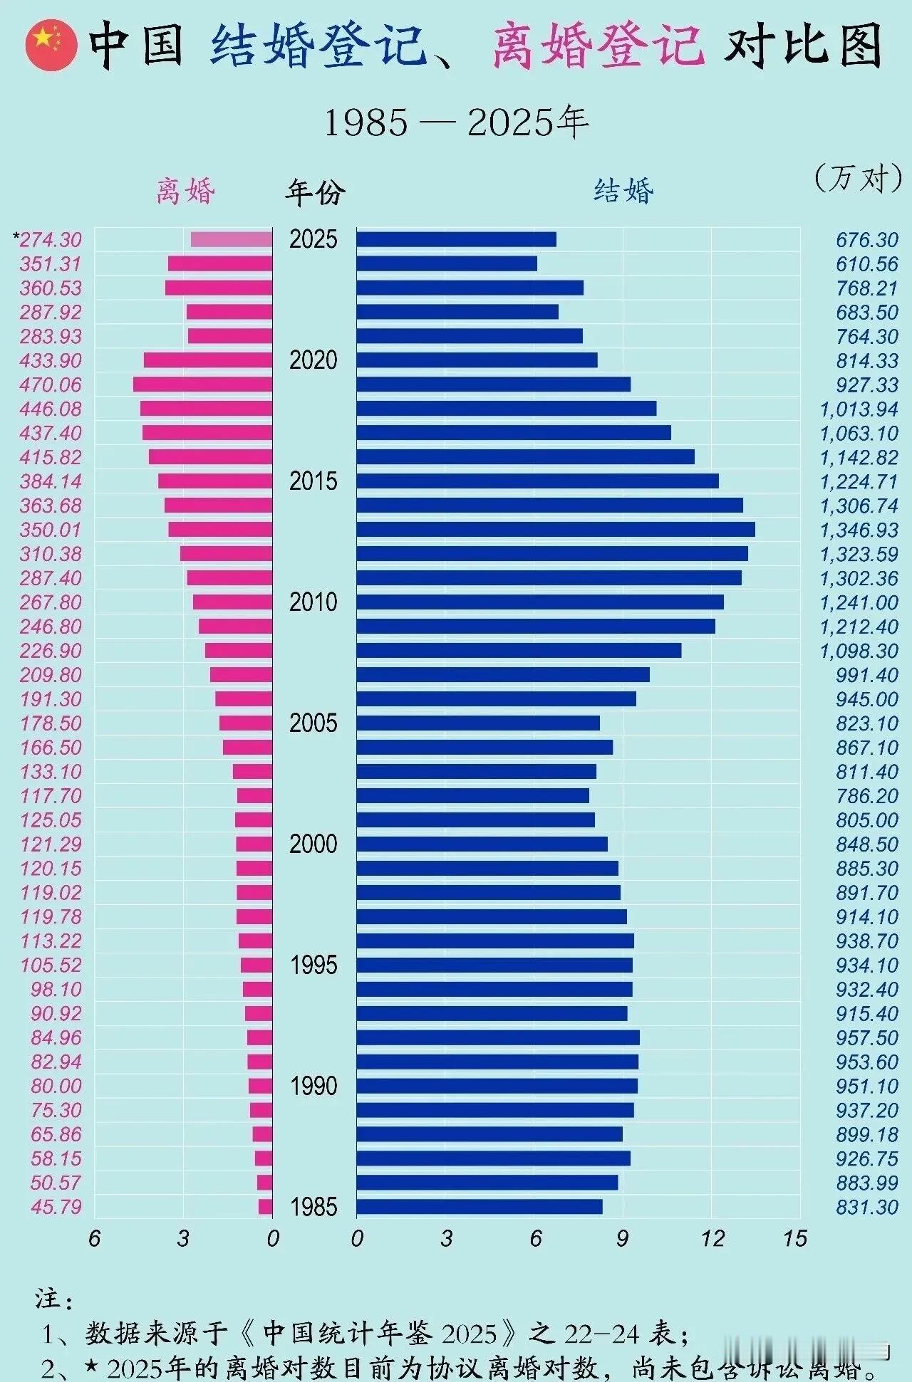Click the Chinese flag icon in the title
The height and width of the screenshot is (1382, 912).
point(51,45)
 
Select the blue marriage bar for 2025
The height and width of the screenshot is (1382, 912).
point(456,239)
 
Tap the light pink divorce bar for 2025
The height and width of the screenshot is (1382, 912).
point(232,239)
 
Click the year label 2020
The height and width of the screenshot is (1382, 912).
point(313,360)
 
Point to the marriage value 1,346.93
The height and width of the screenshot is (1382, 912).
point(859,530)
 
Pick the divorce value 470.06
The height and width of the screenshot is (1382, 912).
point(51,384)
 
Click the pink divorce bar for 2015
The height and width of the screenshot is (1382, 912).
point(215,481)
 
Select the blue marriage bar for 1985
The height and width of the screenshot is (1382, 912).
point(479,1206)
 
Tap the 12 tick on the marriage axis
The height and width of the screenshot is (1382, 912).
point(712,1239)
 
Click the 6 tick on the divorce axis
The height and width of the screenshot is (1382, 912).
point(95,1239)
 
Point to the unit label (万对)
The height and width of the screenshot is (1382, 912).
point(858,177)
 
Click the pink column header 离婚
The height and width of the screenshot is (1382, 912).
point(185,192)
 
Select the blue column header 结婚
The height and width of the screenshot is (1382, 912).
point(623,192)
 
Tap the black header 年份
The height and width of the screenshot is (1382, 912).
point(315,192)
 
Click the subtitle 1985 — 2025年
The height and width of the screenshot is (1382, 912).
point(456,122)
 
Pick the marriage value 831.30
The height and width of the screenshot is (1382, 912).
point(866,1206)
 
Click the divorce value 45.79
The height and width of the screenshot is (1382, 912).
point(56,1206)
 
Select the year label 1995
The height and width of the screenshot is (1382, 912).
point(313,965)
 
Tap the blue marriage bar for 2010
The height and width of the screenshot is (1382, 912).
point(539,602)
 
